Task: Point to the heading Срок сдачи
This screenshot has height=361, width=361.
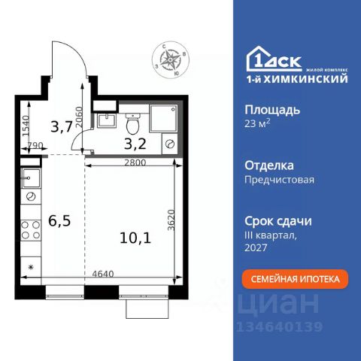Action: pos(278,221)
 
